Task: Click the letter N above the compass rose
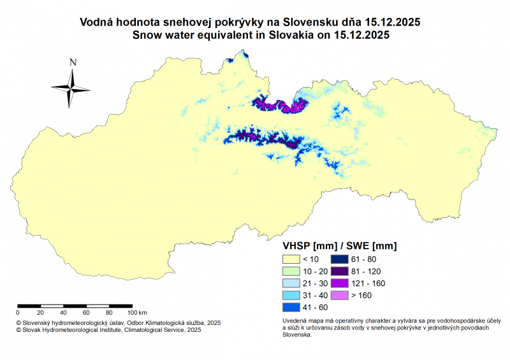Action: pyautogui.click(x=73, y=62)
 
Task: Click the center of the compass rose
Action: pyautogui.click(x=70, y=88)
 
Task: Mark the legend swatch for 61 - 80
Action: pyautogui.click(x=339, y=259)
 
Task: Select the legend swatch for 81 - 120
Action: pyautogui.click(x=339, y=271)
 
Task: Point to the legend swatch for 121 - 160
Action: pyautogui.click(x=339, y=283)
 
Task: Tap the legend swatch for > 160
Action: pyautogui.click(x=339, y=295)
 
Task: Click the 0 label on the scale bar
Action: pyautogui.click(x=18, y=313)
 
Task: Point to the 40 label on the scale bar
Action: pyautogui.click(x=63, y=313)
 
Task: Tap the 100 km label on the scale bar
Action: pyautogui.click(x=137, y=313)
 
